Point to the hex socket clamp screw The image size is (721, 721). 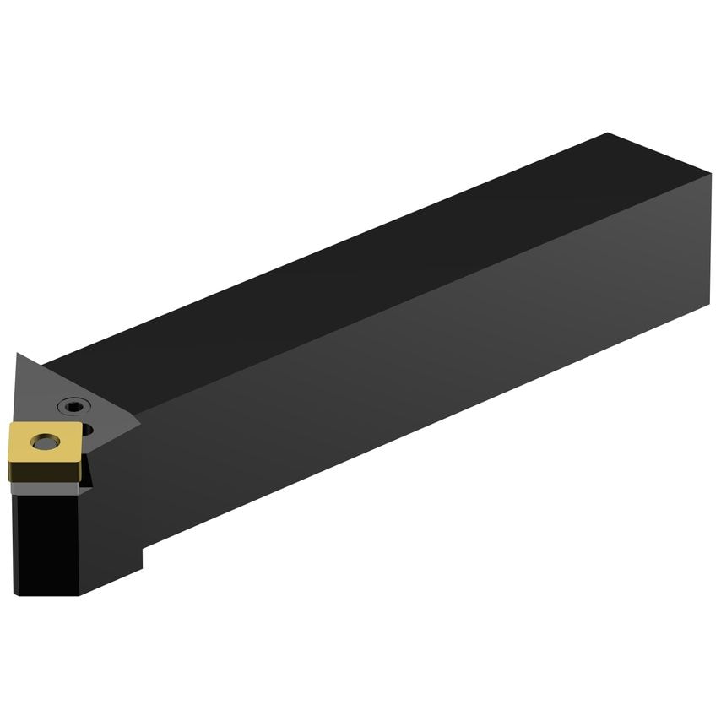[x=74, y=408]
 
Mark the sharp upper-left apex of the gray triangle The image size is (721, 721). [x=16, y=355]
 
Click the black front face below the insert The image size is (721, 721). [x=46, y=540]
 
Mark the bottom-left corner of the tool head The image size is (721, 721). [x=17, y=594]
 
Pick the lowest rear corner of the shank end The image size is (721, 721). [x=709, y=304]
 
